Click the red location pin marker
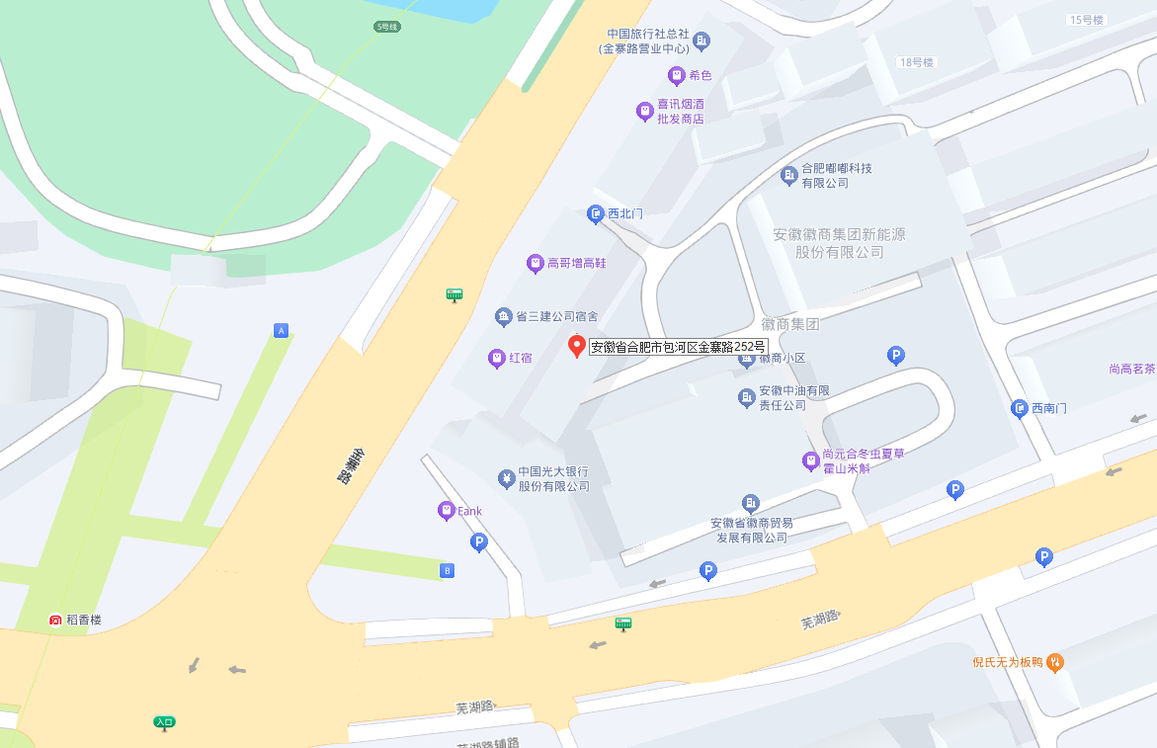[577, 346]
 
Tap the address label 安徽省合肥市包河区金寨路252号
[678, 347]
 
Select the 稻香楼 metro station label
[83, 621]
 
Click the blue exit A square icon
[282, 331]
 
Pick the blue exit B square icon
[447, 570]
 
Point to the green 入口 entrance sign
[164, 722]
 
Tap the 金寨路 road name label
[345, 465]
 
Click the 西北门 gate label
[624, 213]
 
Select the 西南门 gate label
[1048, 408]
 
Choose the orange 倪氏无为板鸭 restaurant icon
[1055, 662]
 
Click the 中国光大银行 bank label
[553, 479]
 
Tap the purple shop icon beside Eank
[446, 511]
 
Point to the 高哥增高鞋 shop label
[576, 264]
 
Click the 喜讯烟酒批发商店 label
[681, 111]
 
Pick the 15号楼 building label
[1086, 20]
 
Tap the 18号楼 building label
[916, 62]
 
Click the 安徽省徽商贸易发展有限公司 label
[751, 530]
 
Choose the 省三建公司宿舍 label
[557, 317]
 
